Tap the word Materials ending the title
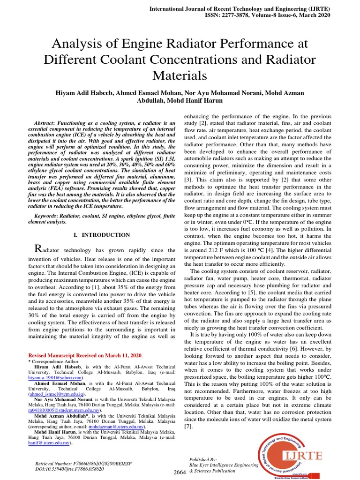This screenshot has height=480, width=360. pos(180,75)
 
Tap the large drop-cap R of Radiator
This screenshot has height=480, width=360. pos(40,248)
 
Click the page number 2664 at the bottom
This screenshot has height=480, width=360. pos(180,472)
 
